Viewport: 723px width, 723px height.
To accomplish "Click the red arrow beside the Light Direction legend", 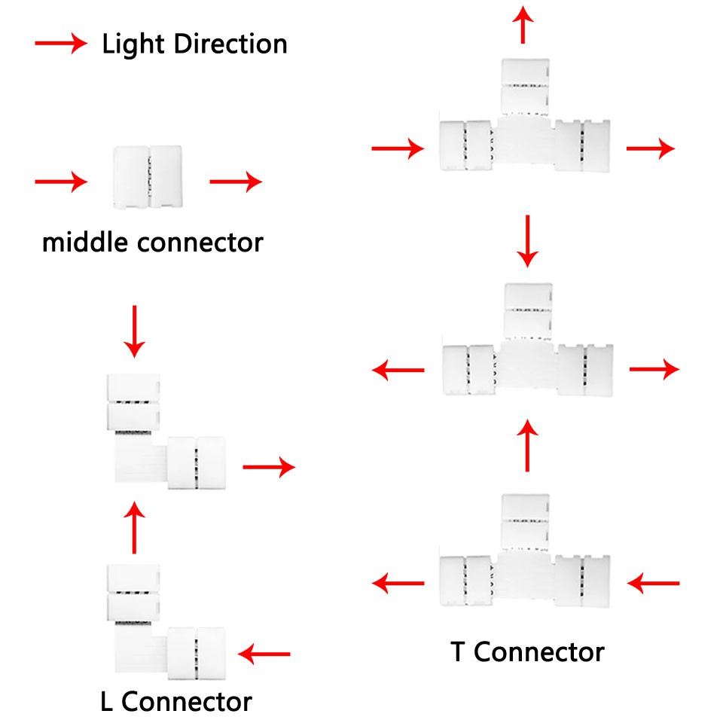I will pyautogui.click(x=61, y=44).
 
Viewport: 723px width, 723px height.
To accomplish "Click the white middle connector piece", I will pyautogui.click(x=148, y=177).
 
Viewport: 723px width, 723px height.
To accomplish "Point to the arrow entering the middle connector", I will pyautogui.click(x=61, y=182).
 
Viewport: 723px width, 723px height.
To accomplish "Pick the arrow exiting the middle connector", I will pyautogui.click(x=236, y=182).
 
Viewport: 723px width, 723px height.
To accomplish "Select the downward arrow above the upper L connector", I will pyautogui.click(x=135, y=331).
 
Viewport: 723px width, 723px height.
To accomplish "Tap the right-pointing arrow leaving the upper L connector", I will pyautogui.click(x=268, y=468).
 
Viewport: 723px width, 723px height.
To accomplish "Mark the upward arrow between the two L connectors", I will pyautogui.click(x=135, y=527).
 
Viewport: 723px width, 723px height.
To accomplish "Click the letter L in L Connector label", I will pyautogui.click(x=106, y=702).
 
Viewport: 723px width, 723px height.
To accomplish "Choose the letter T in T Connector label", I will pyautogui.click(x=459, y=651).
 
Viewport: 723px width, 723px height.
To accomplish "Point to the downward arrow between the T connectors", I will pyautogui.click(x=528, y=240).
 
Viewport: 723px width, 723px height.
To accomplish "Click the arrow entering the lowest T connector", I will pyautogui.click(x=654, y=582).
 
